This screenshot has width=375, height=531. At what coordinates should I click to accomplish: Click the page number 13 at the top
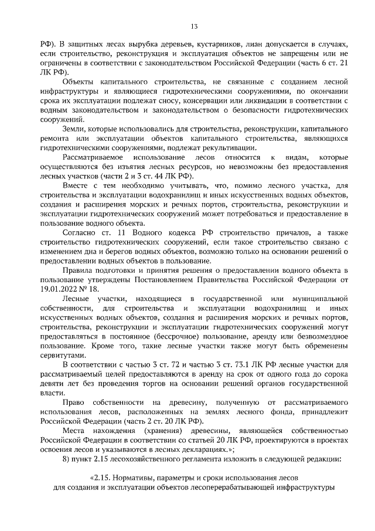(194, 26)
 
